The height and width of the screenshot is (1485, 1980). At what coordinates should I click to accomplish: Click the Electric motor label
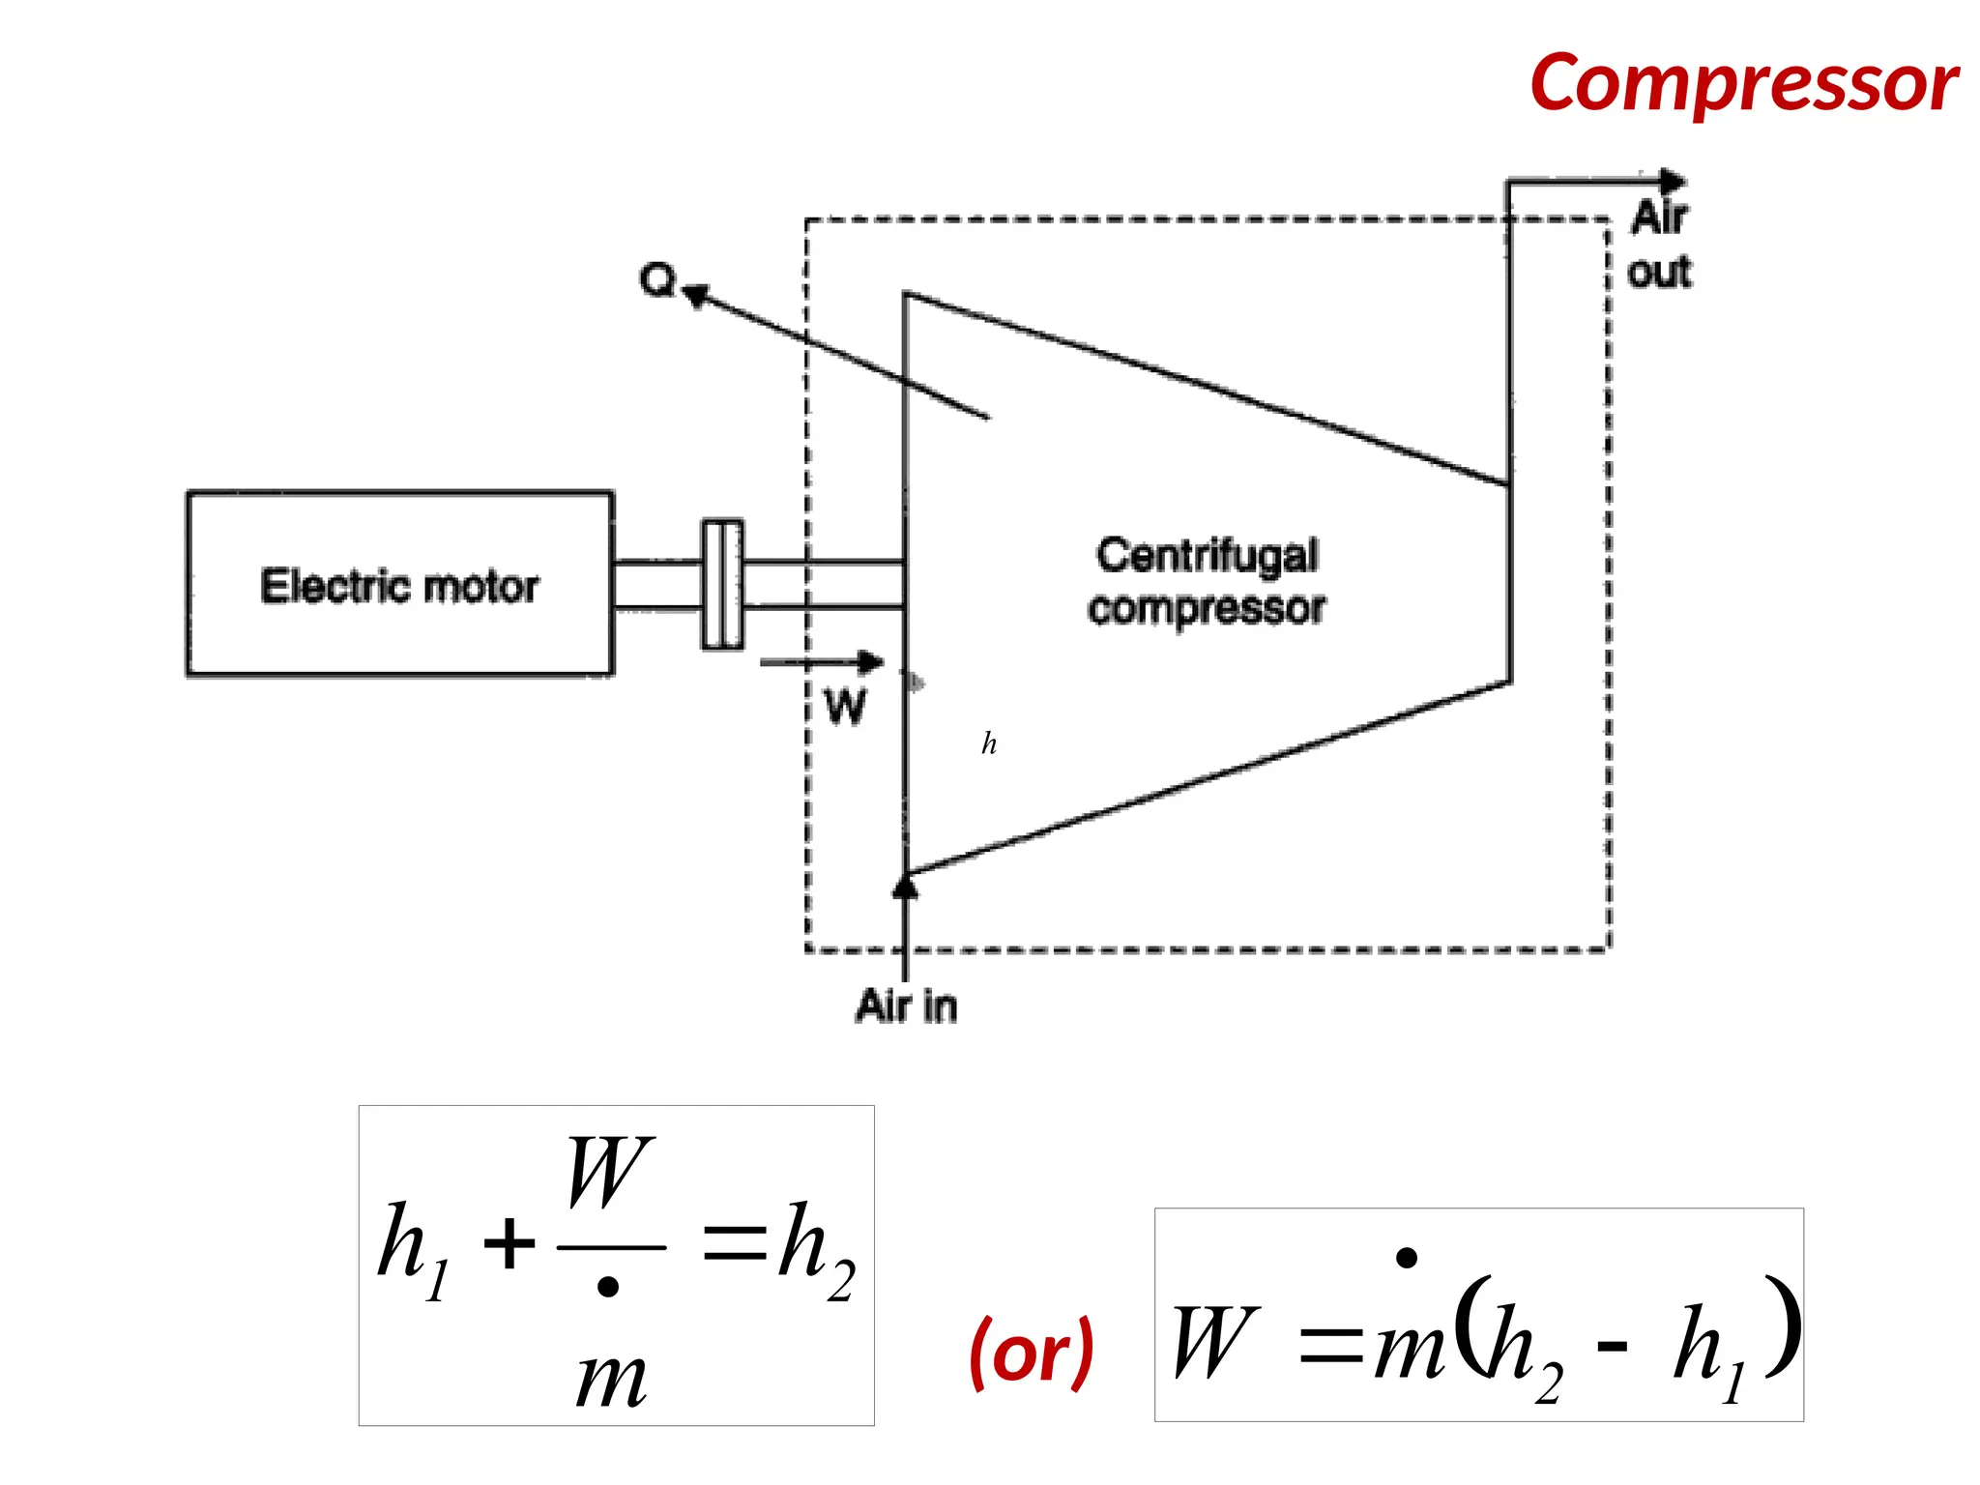point(399,586)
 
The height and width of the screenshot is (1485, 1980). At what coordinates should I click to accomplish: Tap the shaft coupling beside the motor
point(722,584)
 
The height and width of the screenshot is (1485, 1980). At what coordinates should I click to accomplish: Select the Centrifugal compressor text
point(1207,581)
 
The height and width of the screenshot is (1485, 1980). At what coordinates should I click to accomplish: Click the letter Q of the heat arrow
point(657,279)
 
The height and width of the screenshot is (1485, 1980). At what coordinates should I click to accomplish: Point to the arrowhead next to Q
point(696,293)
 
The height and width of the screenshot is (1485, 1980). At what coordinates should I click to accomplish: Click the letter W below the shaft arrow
point(845,707)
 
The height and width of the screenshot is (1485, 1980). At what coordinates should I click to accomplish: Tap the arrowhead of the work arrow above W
point(871,662)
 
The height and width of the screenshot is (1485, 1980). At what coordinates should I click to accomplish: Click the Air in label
point(906,1006)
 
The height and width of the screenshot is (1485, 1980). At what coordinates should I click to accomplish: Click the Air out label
point(1660,245)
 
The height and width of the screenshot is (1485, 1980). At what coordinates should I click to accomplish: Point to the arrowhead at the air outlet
point(1673,181)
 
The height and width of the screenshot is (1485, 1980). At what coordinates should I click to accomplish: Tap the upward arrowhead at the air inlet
point(905,886)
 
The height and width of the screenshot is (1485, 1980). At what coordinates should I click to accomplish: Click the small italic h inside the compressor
point(989,742)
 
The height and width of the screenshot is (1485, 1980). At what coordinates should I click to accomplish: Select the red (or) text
point(1032,1352)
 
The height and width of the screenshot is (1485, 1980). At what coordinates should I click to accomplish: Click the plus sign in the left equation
point(509,1244)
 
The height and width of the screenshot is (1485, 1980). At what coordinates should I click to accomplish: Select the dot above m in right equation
point(1407,1257)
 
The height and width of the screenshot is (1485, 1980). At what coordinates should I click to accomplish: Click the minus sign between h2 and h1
point(1611,1345)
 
